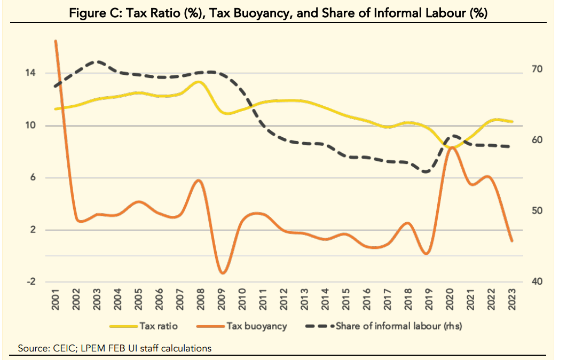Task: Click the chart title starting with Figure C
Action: (278, 13)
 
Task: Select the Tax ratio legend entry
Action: (159, 325)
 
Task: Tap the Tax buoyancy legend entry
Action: (256, 325)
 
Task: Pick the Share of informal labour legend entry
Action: (400, 325)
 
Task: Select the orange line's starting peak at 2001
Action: (56, 41)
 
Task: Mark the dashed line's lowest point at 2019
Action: (426, 171)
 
